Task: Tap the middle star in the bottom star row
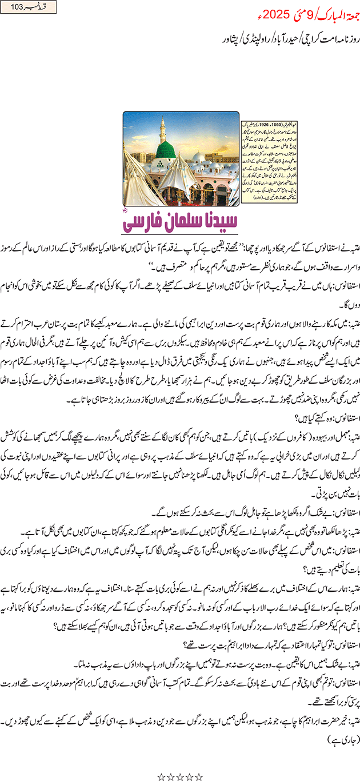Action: coord(180,776)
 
